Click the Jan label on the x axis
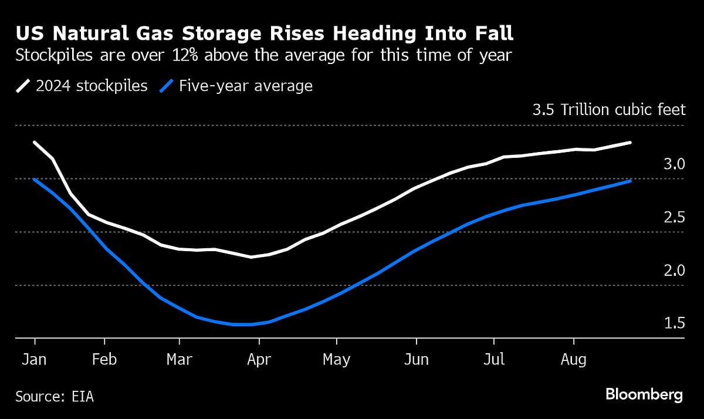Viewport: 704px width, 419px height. click(x=35, y=359)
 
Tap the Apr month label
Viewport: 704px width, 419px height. click(x=259, y=359)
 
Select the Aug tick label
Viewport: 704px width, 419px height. click(x=573, y=359)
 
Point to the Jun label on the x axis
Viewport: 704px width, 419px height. click(x=417, y=359)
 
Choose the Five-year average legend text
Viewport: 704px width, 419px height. click(x=246, y=86)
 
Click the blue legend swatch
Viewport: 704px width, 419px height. click(x=167, y=87)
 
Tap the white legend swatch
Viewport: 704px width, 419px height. click(x=23, y=87)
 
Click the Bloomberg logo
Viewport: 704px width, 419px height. click(x=644, y=394)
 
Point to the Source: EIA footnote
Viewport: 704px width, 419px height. click(x=55, y=396)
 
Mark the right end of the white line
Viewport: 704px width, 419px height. click(x=631, y=142)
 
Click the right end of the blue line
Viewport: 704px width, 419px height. click(x=631, y=181)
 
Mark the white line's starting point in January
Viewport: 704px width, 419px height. click(x=35, y=142)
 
